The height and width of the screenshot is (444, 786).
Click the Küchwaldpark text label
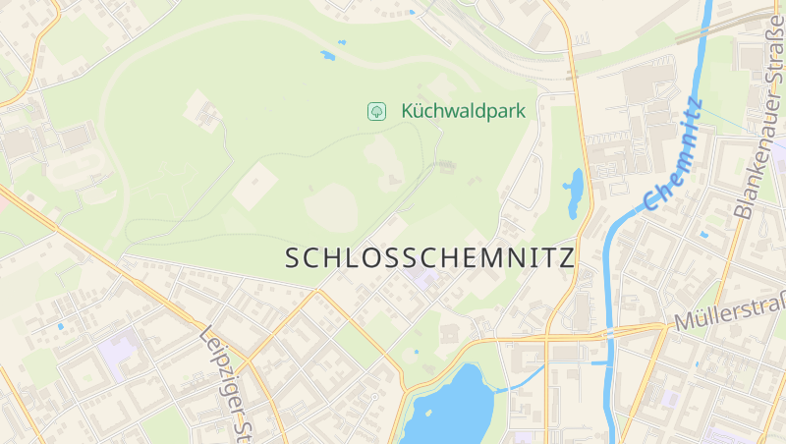click(463, 111)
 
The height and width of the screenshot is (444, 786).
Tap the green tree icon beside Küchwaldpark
click(375, 111)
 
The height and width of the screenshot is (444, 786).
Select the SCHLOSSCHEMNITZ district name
click(429, 258)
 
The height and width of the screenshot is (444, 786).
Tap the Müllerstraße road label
click(729, 314)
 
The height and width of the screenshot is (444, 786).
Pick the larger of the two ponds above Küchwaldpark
click(327, 55)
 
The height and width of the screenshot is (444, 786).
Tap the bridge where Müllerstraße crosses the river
click(610, 331)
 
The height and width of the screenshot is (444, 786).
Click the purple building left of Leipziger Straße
click(119, 352)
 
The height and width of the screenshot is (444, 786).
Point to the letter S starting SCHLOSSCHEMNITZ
click(293, 259)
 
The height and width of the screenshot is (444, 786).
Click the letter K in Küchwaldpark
click(407, 111)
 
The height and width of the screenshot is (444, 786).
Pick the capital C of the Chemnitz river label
click(651, 201)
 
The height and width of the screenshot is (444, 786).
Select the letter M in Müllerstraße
click(682, 323)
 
